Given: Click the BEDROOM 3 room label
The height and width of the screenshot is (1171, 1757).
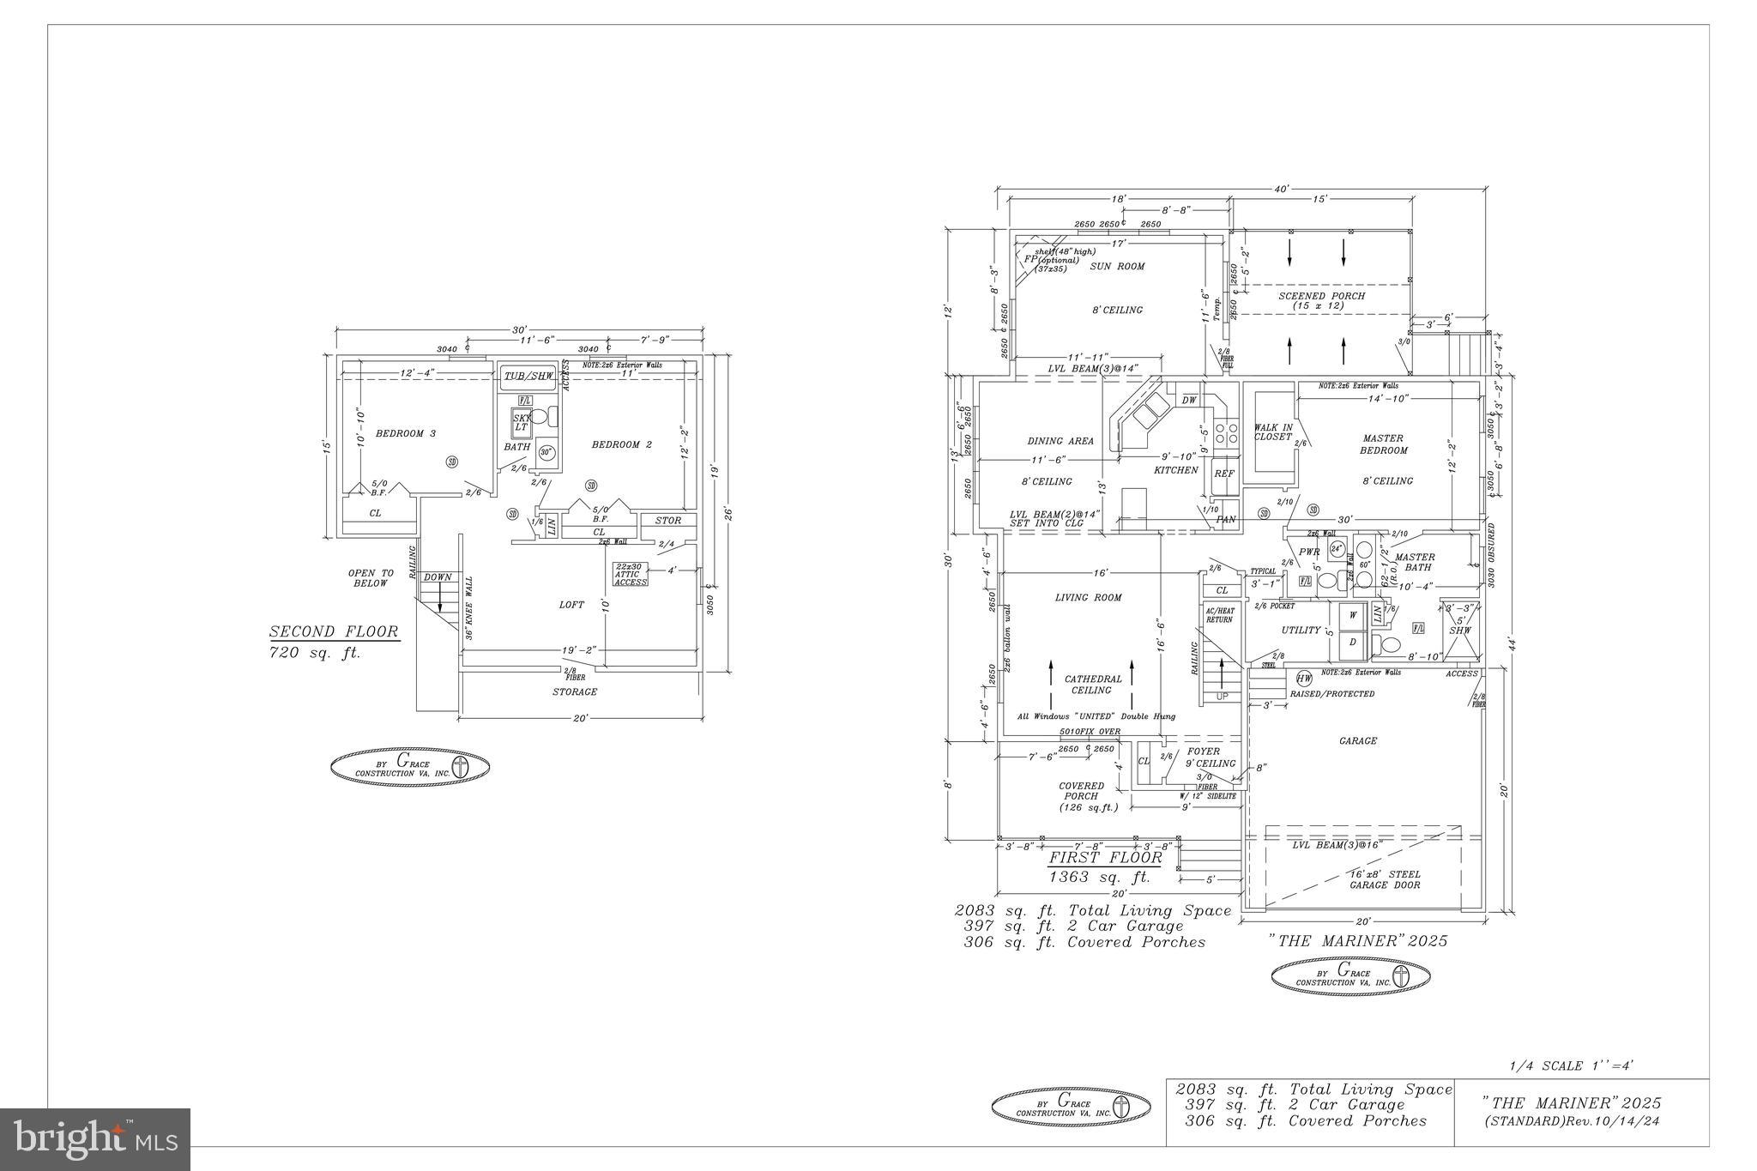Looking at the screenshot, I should (x=405, y=433).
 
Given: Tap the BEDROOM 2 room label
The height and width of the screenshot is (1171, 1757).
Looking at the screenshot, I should (x=621, y=444).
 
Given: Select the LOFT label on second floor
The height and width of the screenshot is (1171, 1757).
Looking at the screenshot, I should (x=571, y=605).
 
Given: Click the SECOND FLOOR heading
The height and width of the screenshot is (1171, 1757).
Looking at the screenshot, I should (x=334, y=632).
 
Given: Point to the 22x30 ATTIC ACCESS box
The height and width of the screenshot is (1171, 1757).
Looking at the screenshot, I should (x=631, y=575).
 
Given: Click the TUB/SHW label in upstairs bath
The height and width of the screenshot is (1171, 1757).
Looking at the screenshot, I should (x=528, y=377).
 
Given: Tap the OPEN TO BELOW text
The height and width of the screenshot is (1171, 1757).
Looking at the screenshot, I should (x=371, y=578).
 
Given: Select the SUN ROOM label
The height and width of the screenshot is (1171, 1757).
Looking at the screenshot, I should (x=1117, y=267).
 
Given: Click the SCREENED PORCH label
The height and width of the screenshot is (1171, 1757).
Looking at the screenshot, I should (x=1321, y=300).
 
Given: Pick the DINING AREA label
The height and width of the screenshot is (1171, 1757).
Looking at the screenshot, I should (x=1060, y=441).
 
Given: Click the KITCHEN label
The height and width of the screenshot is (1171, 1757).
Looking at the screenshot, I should (x=1175, y=470).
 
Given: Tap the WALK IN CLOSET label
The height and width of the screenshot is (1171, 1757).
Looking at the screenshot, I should (x=1272, y=432).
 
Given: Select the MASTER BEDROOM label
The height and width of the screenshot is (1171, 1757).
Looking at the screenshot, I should (x=1384, y=444).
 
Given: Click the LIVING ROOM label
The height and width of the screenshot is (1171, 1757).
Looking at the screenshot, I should (x=1088, y=598).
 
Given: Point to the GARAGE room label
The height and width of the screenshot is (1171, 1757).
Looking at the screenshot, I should (x=1357, y=741).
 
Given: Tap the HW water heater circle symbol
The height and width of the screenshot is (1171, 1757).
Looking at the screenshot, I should (x=1304, y=677).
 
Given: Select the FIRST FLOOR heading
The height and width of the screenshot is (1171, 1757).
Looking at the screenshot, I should (x=1106, y=858).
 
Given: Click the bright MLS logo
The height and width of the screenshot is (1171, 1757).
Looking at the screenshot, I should (x=95, y=1139).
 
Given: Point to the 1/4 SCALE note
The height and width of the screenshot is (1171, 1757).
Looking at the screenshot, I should (x=1571, y=1066).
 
